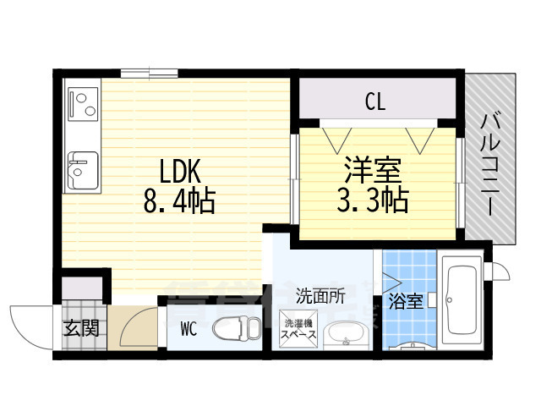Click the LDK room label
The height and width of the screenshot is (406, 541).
click(176, 173)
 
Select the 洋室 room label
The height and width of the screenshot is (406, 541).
click(373, 169)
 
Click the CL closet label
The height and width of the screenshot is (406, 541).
click(375, 103)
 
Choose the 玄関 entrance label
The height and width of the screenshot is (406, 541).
click(81, 327)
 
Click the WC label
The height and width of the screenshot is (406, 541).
click(188, 330)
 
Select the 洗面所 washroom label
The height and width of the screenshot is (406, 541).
click(320, 296)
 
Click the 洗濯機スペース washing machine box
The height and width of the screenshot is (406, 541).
click(299, 329)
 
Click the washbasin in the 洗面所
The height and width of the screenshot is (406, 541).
click(344, 334)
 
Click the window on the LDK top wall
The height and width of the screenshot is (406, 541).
click(150, 73)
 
